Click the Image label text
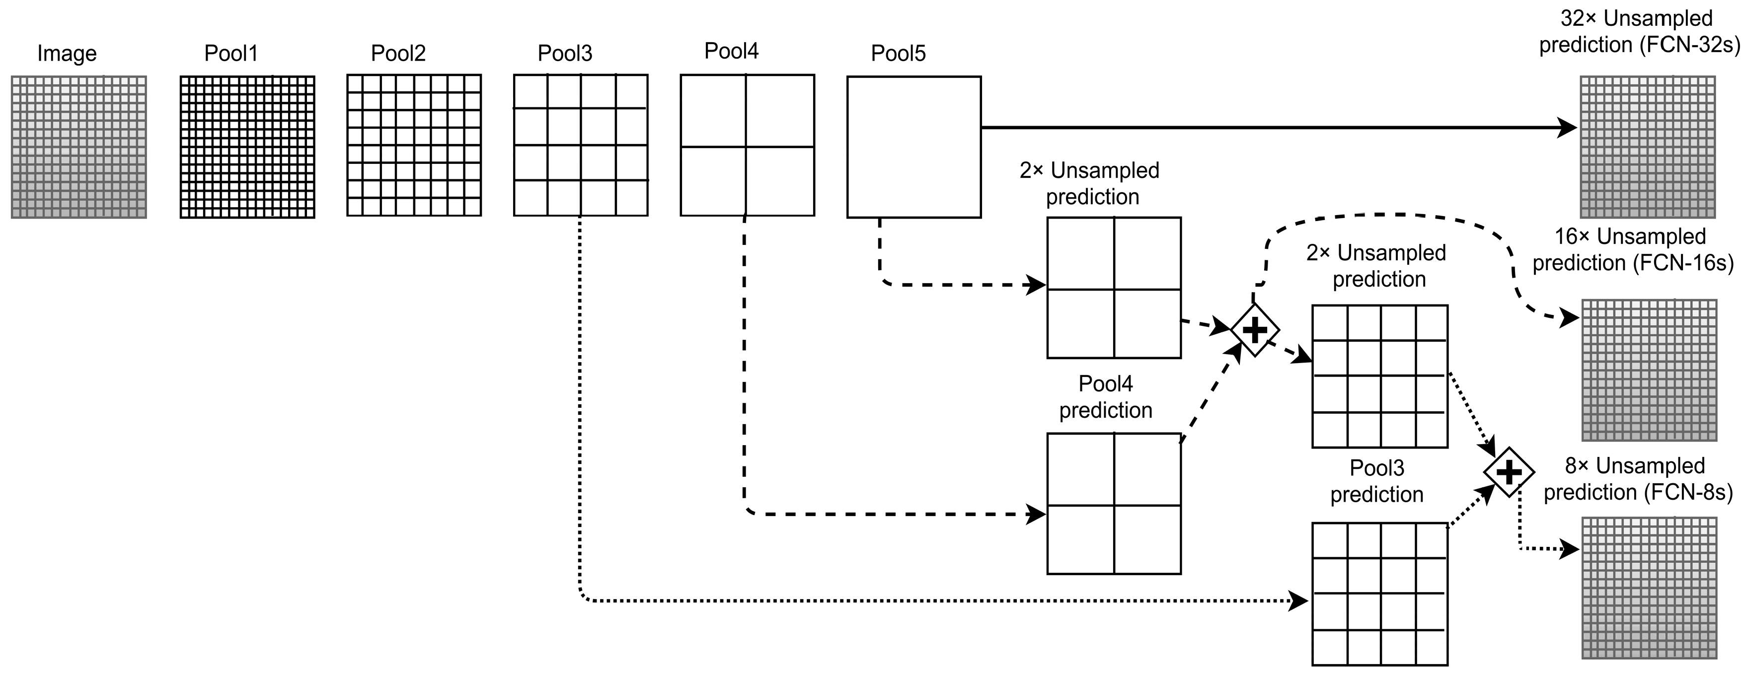click(x=67, y=53)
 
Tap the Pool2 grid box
click(x=414, y=145)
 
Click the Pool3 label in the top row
click(x=564, y=53)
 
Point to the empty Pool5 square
click(x=913, y=147)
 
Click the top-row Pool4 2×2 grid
click(x=747, y=145)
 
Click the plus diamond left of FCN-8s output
click(x=1508, y=472)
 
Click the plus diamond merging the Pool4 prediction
click(x=1255, y=330)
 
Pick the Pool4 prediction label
click(x=1105, y=397)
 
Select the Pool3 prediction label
click(x=1377, y=481)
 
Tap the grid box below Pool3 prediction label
click(x=1379, y=594)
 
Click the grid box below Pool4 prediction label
click(x=1114, y=504)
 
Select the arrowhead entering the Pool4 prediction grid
click(x=1036, y=514)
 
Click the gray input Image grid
click(x=78, y=147)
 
